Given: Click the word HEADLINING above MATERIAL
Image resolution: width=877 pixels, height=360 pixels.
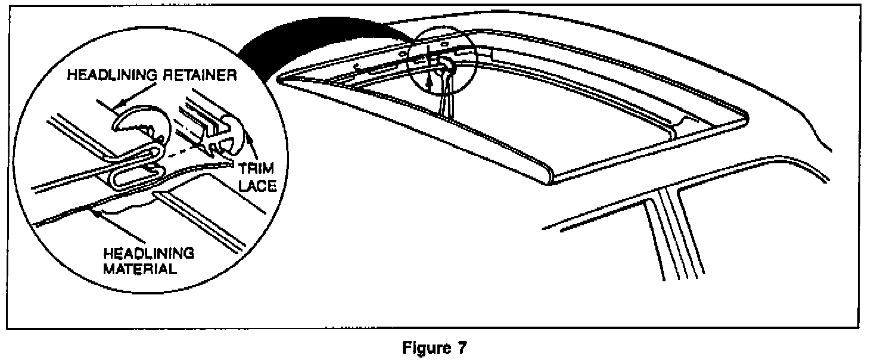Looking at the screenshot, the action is [148, 253].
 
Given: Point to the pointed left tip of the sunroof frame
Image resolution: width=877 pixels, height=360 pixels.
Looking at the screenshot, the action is [280, 78].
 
